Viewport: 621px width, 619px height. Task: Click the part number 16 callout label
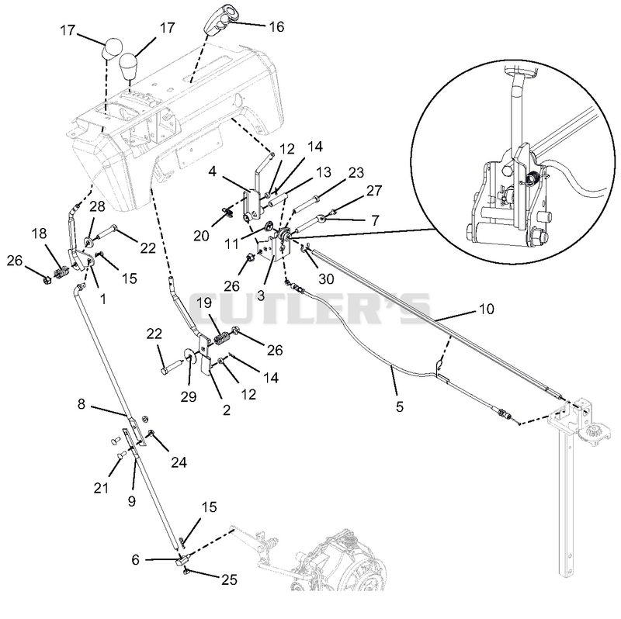276,26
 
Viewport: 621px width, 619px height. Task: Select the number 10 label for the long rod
487,309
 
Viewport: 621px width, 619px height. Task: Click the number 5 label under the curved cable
400,406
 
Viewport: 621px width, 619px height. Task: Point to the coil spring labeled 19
223,339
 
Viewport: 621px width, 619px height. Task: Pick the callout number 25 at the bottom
229,579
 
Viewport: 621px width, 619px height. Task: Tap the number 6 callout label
135,559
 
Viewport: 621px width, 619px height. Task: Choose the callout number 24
179,462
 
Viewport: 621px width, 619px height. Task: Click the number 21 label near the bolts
101,488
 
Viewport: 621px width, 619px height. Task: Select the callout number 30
326,279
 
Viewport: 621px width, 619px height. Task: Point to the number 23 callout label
356,172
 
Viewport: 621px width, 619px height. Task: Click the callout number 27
374,190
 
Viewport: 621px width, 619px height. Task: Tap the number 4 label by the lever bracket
213,171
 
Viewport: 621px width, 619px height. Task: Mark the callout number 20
201,236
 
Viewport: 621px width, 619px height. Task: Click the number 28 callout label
98,206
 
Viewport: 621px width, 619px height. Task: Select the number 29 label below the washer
189,396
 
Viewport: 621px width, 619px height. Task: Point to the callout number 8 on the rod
82,403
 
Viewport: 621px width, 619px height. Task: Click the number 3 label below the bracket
261,296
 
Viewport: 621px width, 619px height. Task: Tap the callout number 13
324,172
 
